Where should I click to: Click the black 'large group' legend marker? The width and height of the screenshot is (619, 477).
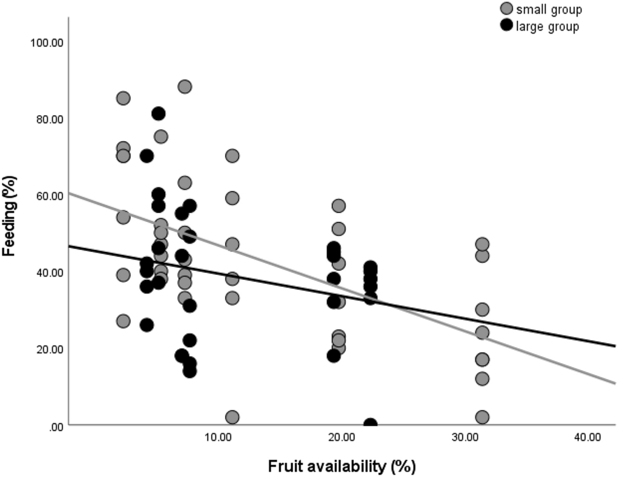pyautogui.click(x=507, y=26)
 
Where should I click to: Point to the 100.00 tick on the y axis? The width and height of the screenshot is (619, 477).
pyautogui.click(x=46, y=43)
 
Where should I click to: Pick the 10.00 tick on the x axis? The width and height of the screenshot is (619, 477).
pyautogui.click(x=218, y=438)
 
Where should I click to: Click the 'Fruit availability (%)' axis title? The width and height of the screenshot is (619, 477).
pyautogui.click(x=341, y=466)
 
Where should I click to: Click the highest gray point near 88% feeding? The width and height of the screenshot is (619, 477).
pyautogui.click(x=185, y=86)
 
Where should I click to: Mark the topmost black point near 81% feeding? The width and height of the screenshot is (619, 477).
pyautogui.click(x=158, y=114)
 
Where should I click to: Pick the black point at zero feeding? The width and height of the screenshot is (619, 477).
pyautogui.click(x=370, y=424)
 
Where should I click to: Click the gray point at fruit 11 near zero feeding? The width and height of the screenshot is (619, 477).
pyautogui.click(x=233, y=417)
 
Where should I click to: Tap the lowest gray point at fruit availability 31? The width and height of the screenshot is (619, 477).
pyautogui.click(x=482, y=417)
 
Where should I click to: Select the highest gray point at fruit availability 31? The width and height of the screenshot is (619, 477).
pyautogui.click(x=482, y=244)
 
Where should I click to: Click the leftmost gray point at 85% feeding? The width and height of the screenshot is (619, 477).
pyautogui.click(x=123, y=98)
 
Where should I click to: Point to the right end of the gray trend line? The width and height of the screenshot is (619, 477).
pyautogui.click(x=615, y=383)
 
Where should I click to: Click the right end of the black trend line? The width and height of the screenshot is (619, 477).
pyautogui.click(x=615, y=345)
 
